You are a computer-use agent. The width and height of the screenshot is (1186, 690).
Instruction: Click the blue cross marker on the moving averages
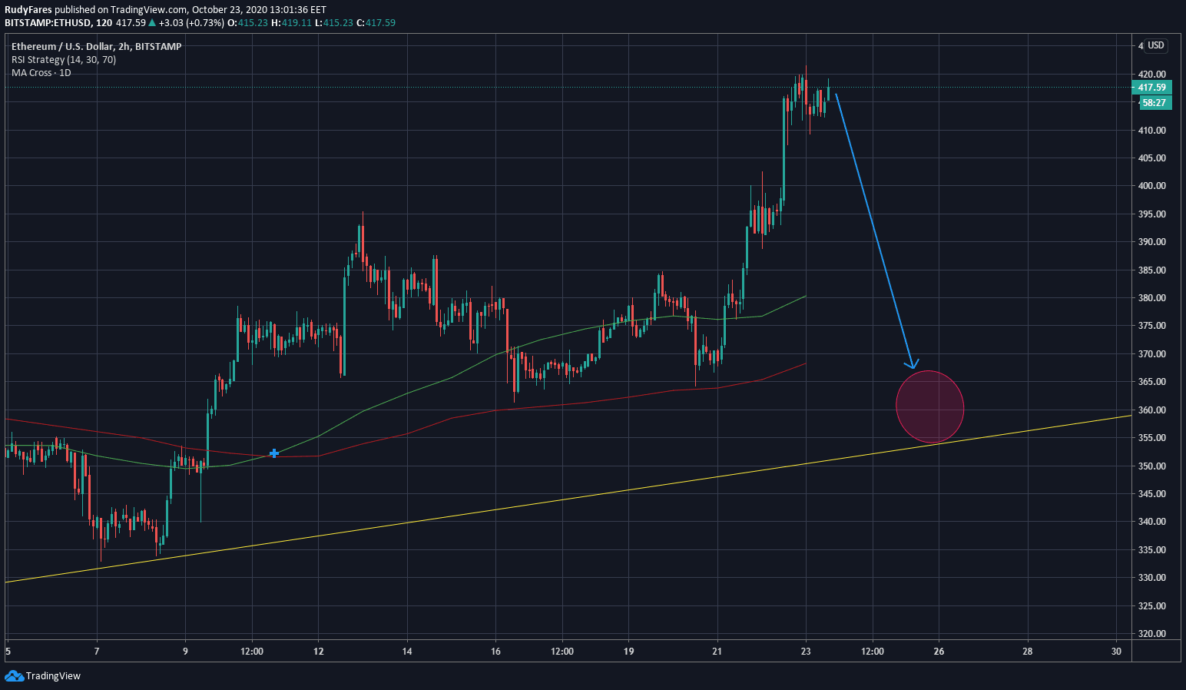(x=274, y=453)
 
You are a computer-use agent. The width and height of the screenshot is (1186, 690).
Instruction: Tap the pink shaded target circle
(x=929, y=407)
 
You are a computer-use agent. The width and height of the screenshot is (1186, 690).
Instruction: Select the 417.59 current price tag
(x=1152, y=88)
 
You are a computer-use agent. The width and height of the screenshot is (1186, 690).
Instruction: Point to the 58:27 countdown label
(x=1153, y=102)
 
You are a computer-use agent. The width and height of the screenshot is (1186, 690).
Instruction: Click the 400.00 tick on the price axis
(x=1151, y=186)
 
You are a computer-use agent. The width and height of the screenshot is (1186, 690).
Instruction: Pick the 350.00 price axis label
(x=1151, y=466)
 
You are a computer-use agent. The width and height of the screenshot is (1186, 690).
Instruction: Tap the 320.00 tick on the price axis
(x=1151, y=634)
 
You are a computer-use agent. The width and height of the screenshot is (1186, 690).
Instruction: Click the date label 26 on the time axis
(x=939, y=652)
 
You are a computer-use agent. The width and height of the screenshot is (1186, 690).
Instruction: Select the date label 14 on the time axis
(x=407, y=652)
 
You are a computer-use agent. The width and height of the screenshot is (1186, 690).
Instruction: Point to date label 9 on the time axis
(x=185, y=652)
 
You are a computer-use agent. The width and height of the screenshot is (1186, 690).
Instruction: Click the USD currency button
(x=1155, y=45)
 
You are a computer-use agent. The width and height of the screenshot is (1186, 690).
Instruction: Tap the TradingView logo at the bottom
(x=43, y=676)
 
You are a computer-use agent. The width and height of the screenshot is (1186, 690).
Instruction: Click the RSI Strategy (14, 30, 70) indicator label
(x=64, y=59)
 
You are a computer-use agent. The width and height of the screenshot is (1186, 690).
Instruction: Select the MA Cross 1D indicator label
(x=41, y=72)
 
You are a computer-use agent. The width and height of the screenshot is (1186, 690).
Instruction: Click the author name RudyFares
(x=28, y=10)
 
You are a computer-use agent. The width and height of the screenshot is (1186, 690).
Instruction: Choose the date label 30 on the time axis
(x=1116, y=652)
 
